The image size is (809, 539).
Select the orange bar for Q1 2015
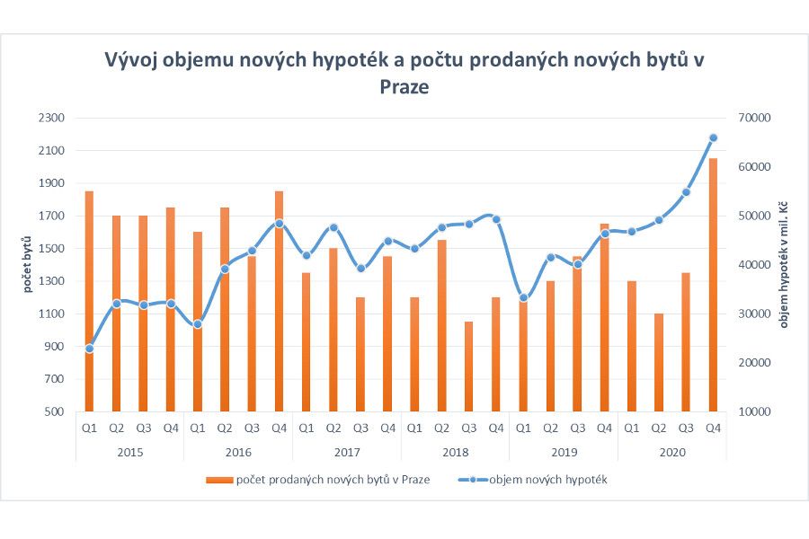tap(89, 305)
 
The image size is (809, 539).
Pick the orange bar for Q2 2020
tap(659, 363)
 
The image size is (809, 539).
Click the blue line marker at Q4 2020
tap(714, 137)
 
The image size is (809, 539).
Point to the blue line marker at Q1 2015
tap(89, 349)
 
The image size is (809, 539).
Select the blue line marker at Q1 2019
tap(523, 297)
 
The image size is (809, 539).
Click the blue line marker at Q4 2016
tap(279, 224)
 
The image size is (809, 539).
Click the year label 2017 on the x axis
tap(347, 453)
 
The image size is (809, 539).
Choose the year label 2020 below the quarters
tap(672, 453)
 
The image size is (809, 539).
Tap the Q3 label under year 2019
tap(577, 429)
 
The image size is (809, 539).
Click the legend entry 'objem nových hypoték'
tap(548, 480)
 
